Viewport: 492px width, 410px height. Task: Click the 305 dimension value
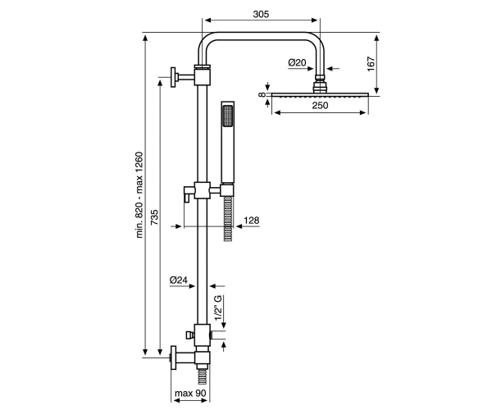point(261,14)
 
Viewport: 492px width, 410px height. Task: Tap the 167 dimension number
point(371,64)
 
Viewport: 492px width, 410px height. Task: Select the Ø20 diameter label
point(297,63)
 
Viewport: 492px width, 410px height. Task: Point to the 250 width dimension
point(320,106)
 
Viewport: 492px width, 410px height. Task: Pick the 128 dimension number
point(252,221)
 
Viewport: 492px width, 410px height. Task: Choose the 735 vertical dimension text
point(155,217)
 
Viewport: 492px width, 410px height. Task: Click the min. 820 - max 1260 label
point(139,195)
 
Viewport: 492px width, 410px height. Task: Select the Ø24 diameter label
point(178,280)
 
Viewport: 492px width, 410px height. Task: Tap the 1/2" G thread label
point(218,307)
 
